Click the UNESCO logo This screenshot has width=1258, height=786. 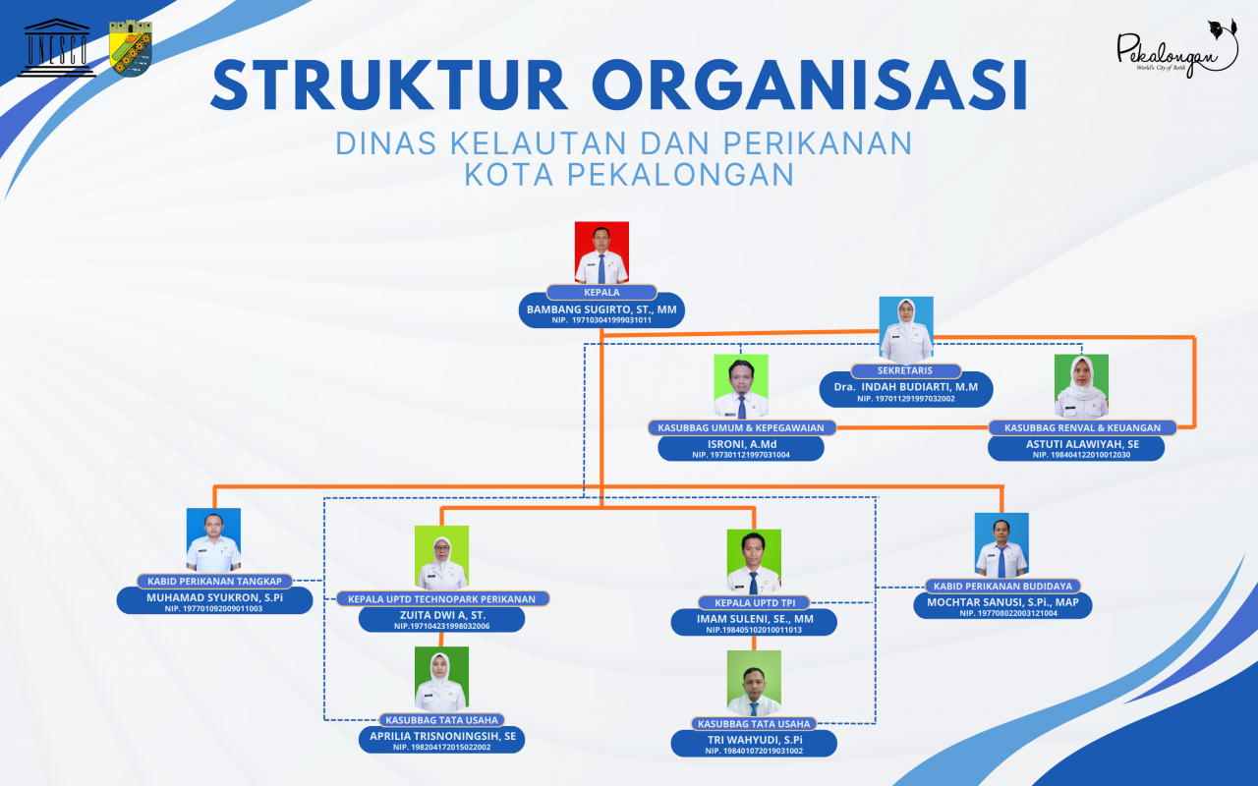coord(60,48)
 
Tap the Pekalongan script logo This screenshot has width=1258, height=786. coord(1176,49)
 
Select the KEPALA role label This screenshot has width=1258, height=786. coord(601,293)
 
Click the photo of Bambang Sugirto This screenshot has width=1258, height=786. coord(601,253)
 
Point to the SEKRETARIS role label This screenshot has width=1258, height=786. coord(905,370)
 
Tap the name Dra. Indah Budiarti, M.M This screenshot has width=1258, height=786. coord(905,387)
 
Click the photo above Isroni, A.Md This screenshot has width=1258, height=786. coord(741,387)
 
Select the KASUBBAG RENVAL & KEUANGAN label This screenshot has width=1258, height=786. coord(1081,427)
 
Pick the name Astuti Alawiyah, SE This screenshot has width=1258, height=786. coord(1077,444)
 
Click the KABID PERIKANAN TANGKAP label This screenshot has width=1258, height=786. coord(215,581)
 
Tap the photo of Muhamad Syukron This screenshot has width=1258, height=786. coord(213,539)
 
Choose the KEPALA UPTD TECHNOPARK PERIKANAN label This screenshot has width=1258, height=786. coord(441,598)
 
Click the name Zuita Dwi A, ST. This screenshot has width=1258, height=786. coord(441,615)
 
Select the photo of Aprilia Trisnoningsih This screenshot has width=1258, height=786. coord(441,680)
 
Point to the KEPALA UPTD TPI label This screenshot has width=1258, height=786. coord(753,602)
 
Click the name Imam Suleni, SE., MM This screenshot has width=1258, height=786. coord(754,619)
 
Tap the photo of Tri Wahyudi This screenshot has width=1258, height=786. coord(754,684)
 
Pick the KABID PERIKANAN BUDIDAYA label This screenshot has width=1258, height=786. coord(1002,586)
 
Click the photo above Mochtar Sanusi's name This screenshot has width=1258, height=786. coord(1001,544)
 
